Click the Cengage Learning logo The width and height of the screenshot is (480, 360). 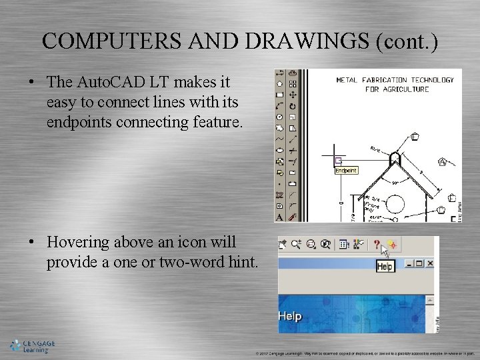32,345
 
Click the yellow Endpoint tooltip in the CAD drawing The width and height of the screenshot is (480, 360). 345,171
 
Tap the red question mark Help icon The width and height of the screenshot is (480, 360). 377,244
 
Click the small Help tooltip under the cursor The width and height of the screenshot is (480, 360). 385,267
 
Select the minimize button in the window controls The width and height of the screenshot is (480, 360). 409,263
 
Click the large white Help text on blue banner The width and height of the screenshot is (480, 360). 290,316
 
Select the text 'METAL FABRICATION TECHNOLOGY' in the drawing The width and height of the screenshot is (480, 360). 395,80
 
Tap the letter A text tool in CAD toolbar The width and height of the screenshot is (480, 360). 279,217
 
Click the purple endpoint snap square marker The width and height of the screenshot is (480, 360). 338,160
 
